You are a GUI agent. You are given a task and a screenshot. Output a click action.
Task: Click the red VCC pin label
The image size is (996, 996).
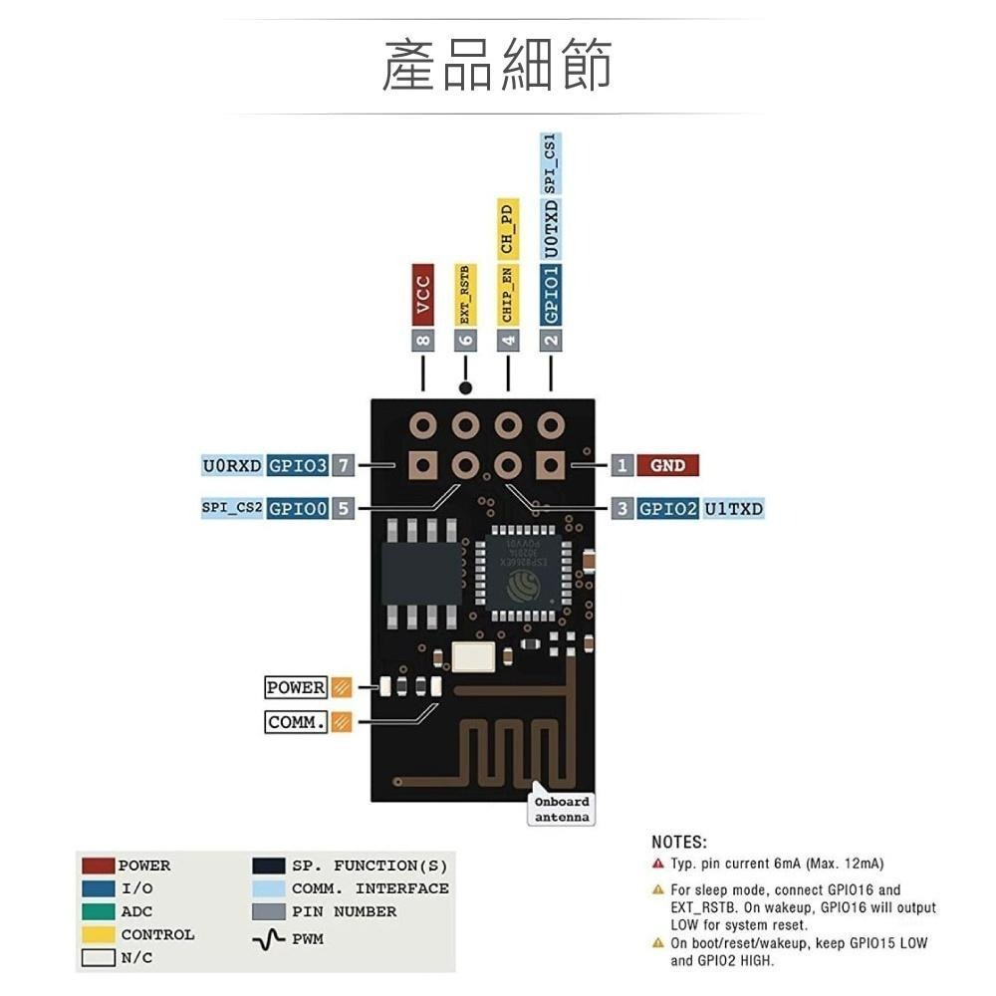(423, 294)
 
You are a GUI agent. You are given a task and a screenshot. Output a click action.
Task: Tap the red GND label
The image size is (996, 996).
(667, 465)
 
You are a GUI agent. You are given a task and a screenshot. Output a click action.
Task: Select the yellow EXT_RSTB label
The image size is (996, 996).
(465, 294)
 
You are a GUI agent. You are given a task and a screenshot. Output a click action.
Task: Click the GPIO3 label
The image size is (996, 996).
(297, 465)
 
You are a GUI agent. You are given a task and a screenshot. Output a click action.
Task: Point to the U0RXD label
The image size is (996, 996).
(232, 465)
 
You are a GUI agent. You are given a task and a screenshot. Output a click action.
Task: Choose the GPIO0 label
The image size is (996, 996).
(297, 508)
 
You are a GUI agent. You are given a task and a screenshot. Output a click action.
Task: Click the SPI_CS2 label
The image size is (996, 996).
(232, 508)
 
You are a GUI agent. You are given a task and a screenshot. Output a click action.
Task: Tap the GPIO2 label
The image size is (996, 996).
(667, 508)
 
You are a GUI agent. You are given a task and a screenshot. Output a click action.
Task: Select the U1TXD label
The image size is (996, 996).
(734, 508)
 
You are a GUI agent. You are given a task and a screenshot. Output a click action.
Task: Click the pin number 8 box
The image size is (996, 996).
(423, 340)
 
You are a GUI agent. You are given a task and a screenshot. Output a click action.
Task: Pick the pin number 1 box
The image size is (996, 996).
(622, 465)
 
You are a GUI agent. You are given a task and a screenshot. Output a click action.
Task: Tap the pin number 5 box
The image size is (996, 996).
(343, 508)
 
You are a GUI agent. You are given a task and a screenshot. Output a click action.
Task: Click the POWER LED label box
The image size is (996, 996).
(296, 687)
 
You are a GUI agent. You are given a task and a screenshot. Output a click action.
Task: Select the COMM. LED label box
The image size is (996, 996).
(296, 722)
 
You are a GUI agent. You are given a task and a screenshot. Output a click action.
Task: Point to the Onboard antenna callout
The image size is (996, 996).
(562, 809)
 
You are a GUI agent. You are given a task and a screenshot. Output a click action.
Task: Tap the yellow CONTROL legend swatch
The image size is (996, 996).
(99, 935)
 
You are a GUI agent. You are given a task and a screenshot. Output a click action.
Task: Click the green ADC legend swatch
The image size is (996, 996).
(99, 912)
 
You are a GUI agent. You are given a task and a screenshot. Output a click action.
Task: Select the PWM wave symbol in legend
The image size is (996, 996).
(269, 939)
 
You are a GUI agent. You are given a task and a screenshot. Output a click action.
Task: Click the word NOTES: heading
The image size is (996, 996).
(679, 843)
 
